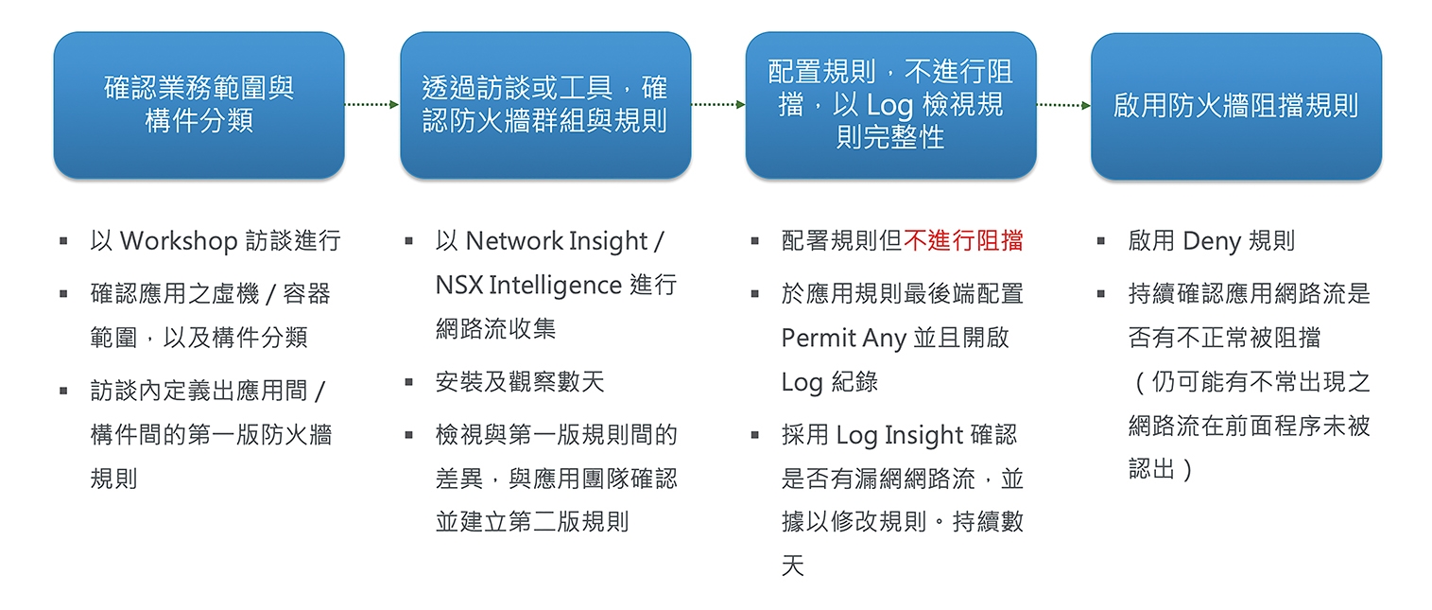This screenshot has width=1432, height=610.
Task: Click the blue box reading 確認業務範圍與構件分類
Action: coord(198,105)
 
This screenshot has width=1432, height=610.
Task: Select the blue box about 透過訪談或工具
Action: coord(545,105)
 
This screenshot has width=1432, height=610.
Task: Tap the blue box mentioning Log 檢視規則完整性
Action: coord(890,105)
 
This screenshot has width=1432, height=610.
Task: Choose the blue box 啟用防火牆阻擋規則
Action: coord(1236,106)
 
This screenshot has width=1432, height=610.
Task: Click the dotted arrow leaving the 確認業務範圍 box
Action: coord(372,104)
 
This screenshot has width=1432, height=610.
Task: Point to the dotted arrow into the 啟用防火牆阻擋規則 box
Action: coord(1063,105)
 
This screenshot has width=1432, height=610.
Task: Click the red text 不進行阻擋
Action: coord(963,241)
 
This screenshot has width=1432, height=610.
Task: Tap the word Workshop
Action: coord(179,242)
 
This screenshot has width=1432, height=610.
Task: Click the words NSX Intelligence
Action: coord(528,286)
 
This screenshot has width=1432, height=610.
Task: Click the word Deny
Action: coord(1212,242)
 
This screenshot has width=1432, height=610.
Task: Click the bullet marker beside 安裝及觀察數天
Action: coord(409,382)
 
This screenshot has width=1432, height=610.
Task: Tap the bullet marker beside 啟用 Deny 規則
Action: coord(1101,241)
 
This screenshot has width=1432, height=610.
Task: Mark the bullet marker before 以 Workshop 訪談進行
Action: coord(63,241)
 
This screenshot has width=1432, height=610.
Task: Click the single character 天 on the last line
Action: coord(793,566)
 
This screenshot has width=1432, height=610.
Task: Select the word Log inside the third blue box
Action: coord(889,106)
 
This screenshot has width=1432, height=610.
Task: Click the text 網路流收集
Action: coord(496,329)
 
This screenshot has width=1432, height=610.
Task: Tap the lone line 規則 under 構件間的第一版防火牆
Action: coord(113,479)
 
